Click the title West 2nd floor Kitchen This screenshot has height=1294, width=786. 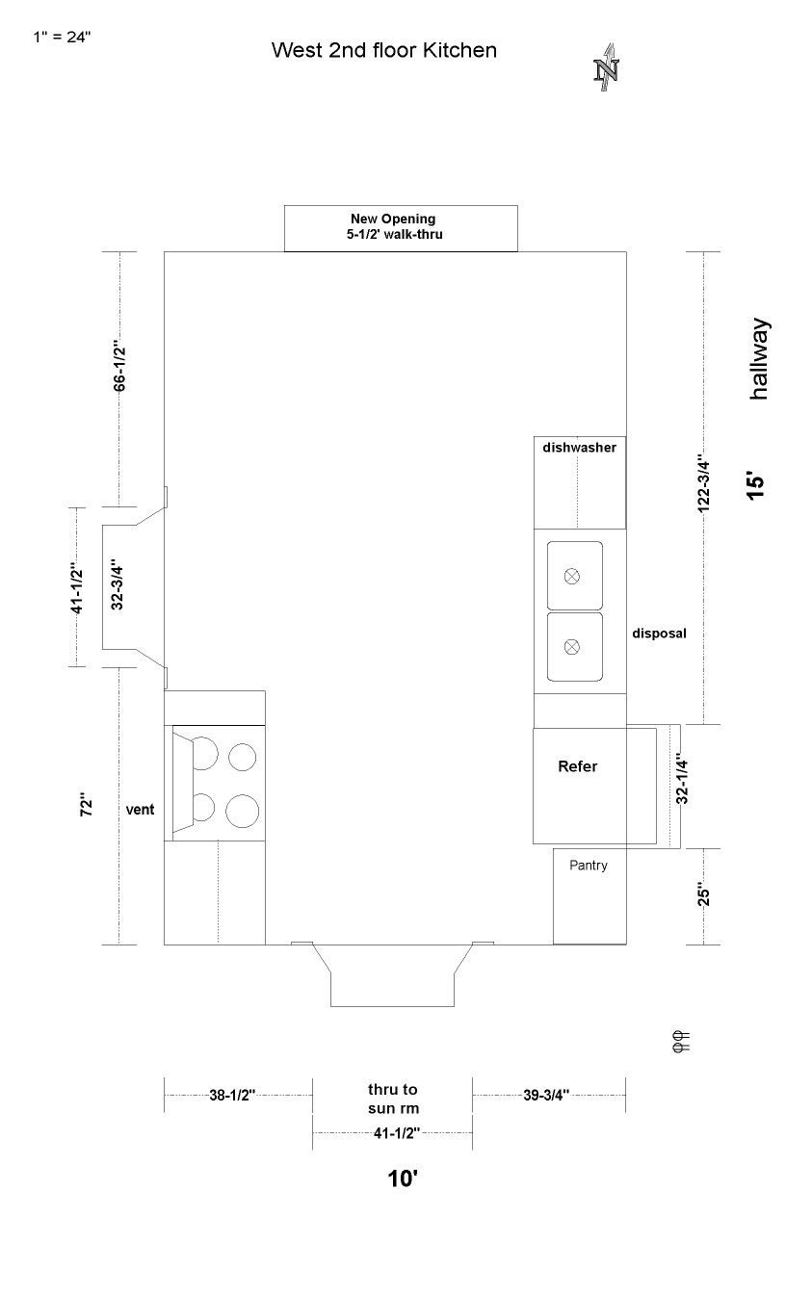[384, 50]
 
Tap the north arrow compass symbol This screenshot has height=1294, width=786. [606, 67]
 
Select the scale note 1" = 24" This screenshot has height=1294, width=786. [62, 37]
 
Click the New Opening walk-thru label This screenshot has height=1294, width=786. [394, 226]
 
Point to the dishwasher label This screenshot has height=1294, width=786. [579, 447]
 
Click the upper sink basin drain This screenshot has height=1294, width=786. [571, 576]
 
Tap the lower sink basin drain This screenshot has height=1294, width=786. [571, 647]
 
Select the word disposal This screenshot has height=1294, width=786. [659, 634]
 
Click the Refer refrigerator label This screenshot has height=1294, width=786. [577, 766]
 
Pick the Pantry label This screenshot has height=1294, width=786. [589, 866]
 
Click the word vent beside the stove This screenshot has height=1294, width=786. [140, 810]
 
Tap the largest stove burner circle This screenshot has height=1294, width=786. [242, 811]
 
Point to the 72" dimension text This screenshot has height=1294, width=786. [86, 804]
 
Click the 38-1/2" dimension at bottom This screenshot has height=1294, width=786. [232, 1096]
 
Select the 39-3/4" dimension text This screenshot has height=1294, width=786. [546, 1096]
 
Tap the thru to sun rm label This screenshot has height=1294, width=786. [393, 1099]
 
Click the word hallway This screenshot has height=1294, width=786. [759, 359]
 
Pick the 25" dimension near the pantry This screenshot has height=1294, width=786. [703, 894]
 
